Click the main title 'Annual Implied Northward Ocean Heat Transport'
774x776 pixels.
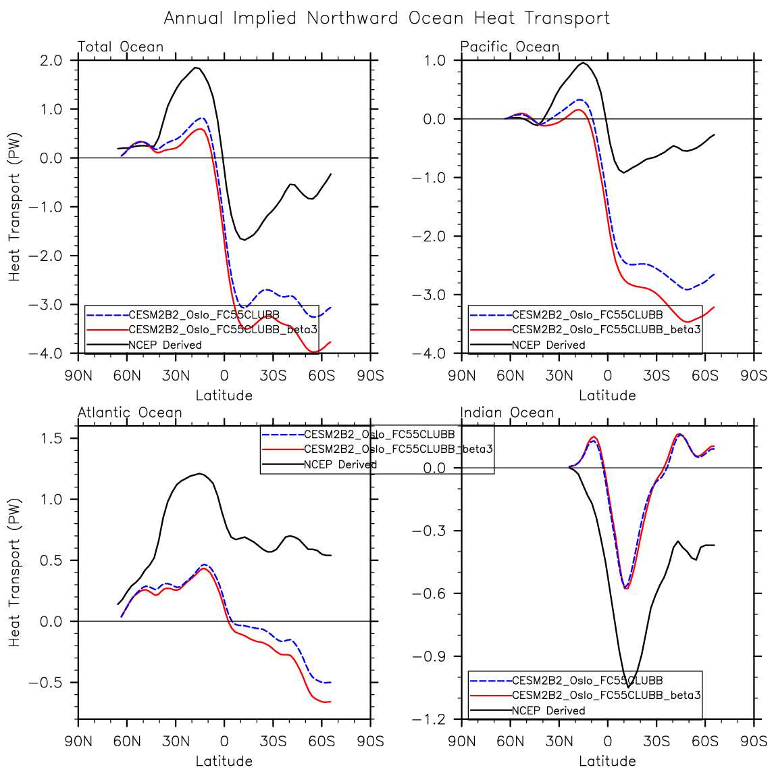(x=386, y=18)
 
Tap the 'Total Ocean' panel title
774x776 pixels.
(x=120, y=47)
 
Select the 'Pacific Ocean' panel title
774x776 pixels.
(x=510, y=47)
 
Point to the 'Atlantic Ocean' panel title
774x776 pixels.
(x=130, y=412)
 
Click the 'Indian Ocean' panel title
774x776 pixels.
(x=507, y=412)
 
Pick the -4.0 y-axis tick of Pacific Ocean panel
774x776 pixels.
(x=430, y=354)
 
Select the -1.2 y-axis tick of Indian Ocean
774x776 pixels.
(x=430, y=719)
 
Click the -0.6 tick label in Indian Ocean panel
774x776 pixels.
(x=430, y=593)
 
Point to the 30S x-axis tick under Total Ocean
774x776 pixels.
(x=273, y=375)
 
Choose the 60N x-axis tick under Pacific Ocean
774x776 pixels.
(x=510, y=375)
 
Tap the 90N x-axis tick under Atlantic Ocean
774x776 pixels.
(x=78, y=741)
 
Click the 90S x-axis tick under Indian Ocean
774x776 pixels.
(x=753, y=741)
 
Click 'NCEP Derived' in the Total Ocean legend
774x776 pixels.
(x=165, y=345)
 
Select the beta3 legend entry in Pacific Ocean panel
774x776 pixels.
(x=606, y=330)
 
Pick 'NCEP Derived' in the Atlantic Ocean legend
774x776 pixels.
(x=340, y=464)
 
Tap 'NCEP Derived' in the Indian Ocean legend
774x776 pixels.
(x=548, y=710)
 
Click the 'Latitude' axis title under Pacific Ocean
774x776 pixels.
(x=607, y=395)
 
